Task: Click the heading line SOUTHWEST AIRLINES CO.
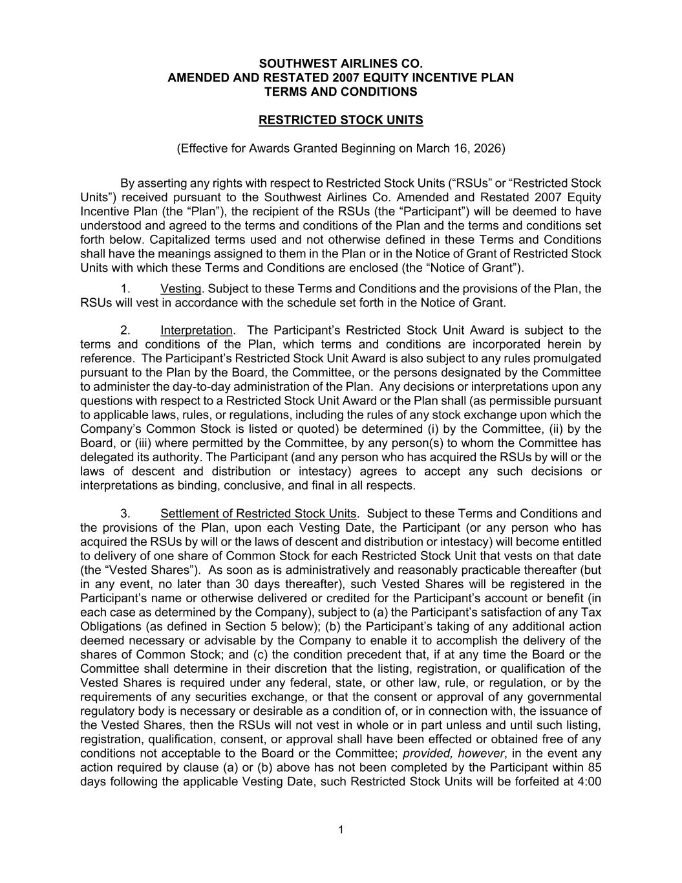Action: (x=341, y=63)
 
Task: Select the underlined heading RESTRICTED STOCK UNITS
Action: (x=341, y=120)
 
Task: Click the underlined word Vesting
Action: (x=181, y=289)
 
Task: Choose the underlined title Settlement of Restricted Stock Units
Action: (x=259, y=514)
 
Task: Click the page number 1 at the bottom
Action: (x=341, y=831)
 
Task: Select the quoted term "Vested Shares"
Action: (x=140, y=570)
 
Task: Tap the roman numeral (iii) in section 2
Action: (x=125, y=443)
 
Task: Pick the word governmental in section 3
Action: (x=564, y=697)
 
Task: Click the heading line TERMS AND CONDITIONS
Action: (x=341, y=92)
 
